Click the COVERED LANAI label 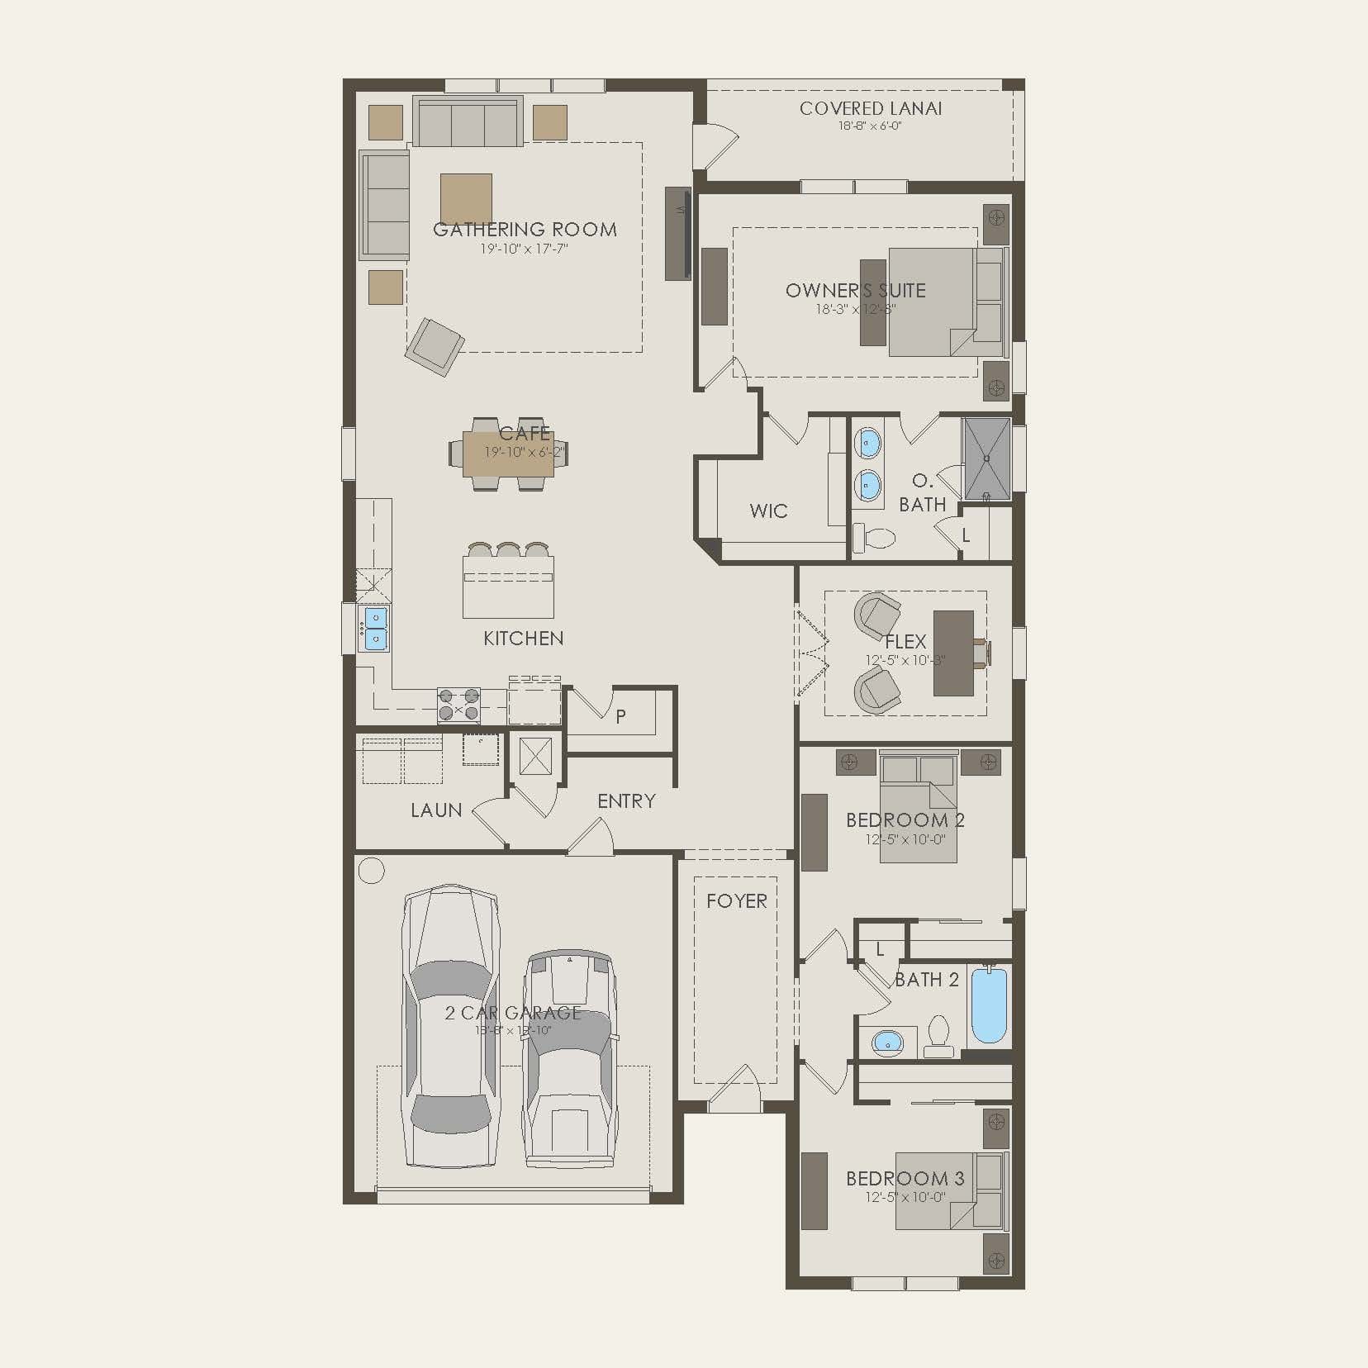(870, 108)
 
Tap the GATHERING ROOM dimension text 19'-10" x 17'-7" (525, 249)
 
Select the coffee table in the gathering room (466, 199)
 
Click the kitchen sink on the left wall (374, 628)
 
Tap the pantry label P (620, 716)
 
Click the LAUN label (436, 810)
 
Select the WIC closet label (768, 511)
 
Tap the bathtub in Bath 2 (989, 1005)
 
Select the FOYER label (736, 901)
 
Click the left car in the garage (450, 1024)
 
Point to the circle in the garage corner (372, 871)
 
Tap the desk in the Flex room (953, 653)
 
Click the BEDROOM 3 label (905, 1178)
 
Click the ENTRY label (626, 800)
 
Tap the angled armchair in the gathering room (434, 346)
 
